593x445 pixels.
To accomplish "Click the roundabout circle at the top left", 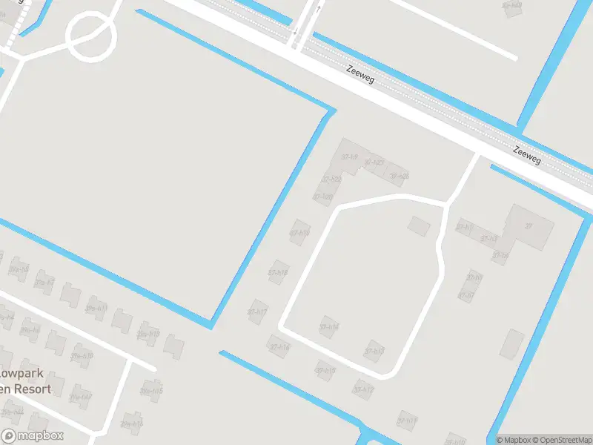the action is click(92, 35).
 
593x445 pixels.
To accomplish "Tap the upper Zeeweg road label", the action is click(360, 73).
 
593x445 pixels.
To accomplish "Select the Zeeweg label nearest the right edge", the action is click(527, 156).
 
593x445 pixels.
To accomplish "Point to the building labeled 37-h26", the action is click(399, 175).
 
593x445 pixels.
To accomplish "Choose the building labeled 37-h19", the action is click(299, 232).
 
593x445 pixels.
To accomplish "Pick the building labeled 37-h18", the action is click(279, 271).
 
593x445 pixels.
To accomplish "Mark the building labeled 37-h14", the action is click(330, 326).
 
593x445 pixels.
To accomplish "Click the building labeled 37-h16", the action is click(279, 346).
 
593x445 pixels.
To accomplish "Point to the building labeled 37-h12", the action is click(363, 389).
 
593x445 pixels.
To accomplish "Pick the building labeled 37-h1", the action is click(464, 226).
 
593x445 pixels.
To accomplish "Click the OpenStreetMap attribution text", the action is click(560, 440).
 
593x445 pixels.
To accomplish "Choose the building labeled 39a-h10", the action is click(82, 355).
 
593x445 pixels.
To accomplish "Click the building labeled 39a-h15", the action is click(151, 390).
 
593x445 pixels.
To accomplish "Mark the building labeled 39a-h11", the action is click(96, 307).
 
